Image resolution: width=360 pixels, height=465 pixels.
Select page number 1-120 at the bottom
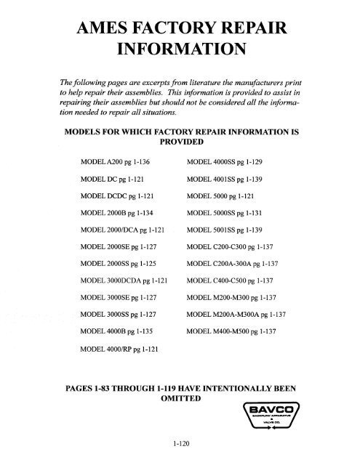click(180, 449)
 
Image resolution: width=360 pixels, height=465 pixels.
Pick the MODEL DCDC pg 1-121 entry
click(118, 195)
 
